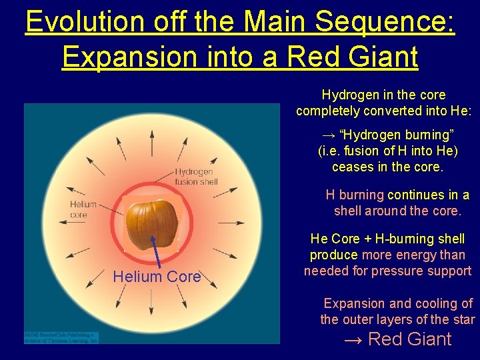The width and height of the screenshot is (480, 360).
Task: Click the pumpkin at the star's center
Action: tap(153, 225)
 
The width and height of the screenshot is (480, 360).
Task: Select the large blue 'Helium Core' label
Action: tap(157, 277)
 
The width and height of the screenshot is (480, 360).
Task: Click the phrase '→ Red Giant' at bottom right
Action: tap(397, 339)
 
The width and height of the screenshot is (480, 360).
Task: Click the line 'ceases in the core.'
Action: tap(387, 167)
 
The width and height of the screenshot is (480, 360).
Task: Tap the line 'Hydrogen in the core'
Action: tap(383, 95)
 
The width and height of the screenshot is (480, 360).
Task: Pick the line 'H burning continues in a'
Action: tap(397, 195)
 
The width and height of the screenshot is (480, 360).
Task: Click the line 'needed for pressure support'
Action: tap(387, 271)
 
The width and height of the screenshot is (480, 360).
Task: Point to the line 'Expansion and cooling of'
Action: tap(398, 303)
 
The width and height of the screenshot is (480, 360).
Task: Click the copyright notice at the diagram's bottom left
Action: tap(61, 337)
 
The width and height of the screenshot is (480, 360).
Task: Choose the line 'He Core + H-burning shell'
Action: tap(387, 239)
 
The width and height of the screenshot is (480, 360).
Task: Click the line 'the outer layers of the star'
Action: tap(397, 319)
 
